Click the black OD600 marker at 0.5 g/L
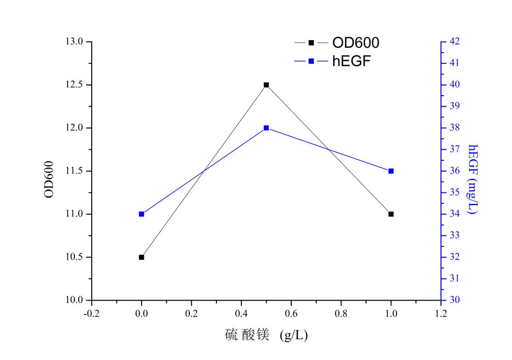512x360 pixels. click(266, 85)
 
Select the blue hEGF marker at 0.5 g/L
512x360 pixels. click(266, 128)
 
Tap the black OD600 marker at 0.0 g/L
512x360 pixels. click(142, 257)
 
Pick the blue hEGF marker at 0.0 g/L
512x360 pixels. click(142, 214)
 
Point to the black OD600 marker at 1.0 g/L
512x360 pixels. click(391, 214)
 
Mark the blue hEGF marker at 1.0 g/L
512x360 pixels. click(391, 171)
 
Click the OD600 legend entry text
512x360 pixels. click(356, 43)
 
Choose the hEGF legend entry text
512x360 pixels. click(351, 61)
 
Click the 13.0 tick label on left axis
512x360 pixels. click(75, 42)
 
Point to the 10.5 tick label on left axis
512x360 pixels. click(75, 257)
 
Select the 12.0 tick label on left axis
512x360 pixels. click(75, 128)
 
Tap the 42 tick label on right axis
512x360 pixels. click(455, 42)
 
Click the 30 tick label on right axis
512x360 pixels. click(455, 300)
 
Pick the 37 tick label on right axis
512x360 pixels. click(455, 149)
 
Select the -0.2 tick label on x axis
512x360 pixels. click(91, 314)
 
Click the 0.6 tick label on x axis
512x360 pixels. click(291, 314)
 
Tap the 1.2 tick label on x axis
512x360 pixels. click(441, 314)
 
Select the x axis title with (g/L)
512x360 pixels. click(266, 335)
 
